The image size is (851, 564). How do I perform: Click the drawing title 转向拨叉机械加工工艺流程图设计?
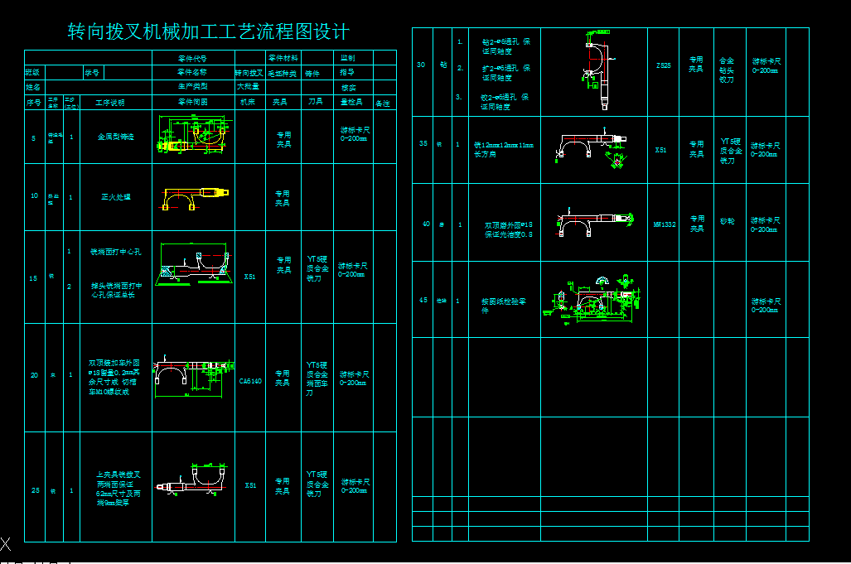point(208,32)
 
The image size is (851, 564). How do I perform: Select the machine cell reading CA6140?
point(250,381)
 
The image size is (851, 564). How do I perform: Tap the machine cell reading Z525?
point(663,65)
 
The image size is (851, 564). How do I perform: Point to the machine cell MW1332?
point(663,224)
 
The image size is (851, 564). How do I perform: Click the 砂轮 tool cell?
point(727,221)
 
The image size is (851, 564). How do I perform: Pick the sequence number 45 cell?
point(423,301)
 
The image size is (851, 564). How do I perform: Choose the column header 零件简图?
point(193,103)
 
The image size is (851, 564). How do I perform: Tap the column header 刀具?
point(315,103)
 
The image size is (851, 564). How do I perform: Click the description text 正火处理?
point(115,197)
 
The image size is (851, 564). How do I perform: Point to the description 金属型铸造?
point(115,137)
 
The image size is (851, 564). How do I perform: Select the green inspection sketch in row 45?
point(593,299)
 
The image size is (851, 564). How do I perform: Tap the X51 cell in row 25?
point(250,485)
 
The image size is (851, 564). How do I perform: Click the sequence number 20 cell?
point(35,375)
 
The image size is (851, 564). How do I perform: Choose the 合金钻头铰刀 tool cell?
point(727,70)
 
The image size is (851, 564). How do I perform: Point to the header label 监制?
point(348,59)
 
